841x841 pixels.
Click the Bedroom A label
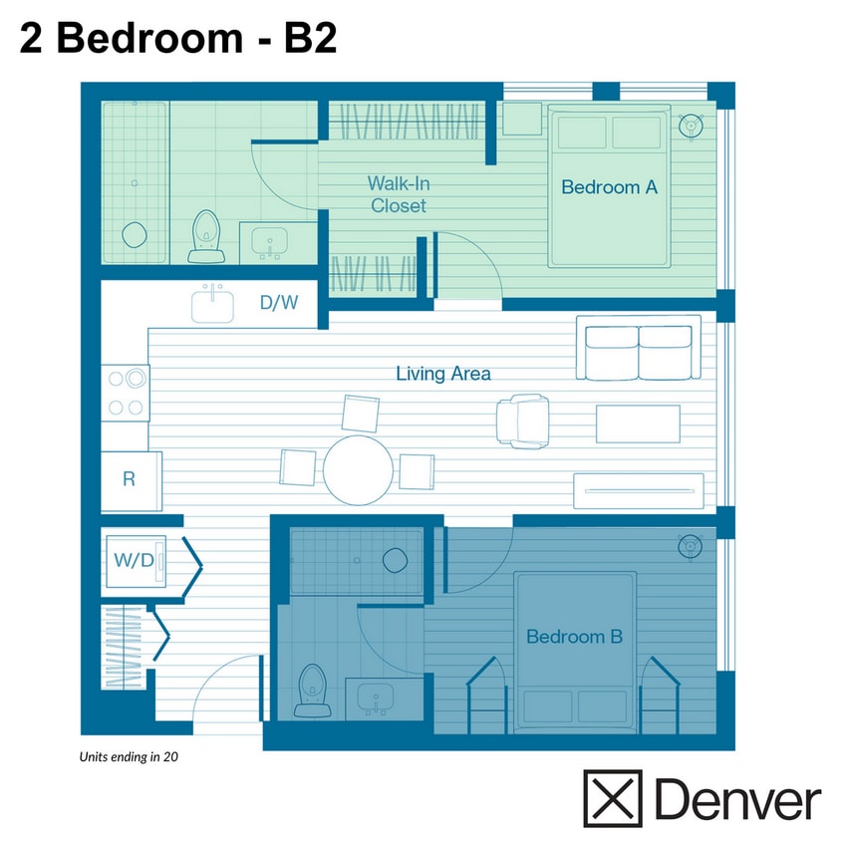click(609, 186)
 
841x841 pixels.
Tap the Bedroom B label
click(574, 636)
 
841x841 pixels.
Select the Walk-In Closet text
click(399, 194)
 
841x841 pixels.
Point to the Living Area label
click(443, 374)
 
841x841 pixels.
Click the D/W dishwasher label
click(279, 303)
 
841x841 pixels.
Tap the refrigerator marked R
click(130, 479)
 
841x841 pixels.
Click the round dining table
click(359, 468)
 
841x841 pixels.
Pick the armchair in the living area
click(523, 420)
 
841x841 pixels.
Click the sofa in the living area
click(638, 353)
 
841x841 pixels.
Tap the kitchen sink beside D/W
click(212, 303)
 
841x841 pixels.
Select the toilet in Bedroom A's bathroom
click(206, 235)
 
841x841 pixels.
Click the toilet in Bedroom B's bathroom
click(314, 690)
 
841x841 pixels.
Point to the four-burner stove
click(126, 393)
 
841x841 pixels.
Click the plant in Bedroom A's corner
click(690, 127)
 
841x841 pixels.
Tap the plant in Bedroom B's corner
click(690, 546)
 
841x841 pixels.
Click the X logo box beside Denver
click(613, 798)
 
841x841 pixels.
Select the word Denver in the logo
click(738, 799)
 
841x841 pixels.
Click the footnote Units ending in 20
click(129, 756)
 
